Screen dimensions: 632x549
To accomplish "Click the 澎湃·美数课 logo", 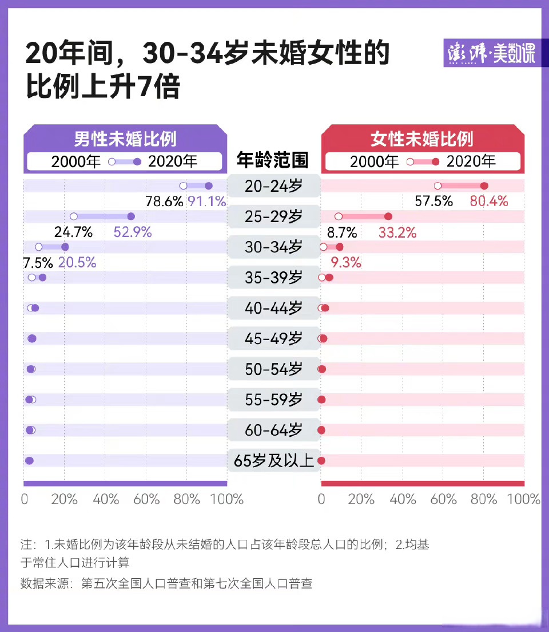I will [490, 55].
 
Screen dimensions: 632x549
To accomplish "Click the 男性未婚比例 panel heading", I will [125, 139].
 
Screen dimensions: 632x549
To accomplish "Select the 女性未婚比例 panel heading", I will [422, 139].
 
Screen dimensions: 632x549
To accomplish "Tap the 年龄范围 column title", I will [273, 160].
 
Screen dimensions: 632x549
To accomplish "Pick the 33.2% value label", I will [397, 232].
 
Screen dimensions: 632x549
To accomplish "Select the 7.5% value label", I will [38, 263].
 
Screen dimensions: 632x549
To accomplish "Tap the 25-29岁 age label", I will [273, 216].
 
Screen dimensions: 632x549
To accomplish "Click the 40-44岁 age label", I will [273, 308].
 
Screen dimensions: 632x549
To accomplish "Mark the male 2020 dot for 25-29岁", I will [131, 216].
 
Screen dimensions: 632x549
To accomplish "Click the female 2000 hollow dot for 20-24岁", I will [438, 185].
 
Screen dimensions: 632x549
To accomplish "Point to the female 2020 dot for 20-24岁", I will [484, 185].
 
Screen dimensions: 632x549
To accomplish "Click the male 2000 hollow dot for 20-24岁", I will [184, 185].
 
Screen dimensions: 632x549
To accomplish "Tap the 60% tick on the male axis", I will [146, 499].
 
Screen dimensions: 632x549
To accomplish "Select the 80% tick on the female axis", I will [484, 499].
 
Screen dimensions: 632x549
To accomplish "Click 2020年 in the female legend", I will [471, 161].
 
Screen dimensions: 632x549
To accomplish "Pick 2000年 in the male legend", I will [76, 161].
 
